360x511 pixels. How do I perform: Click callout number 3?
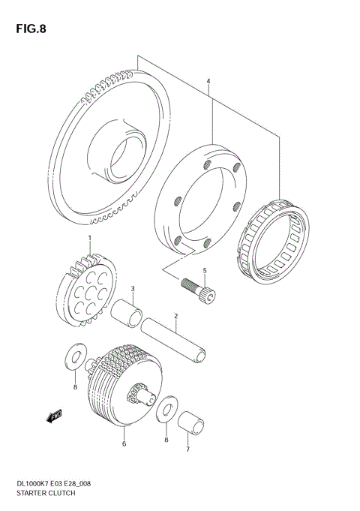[132, 288]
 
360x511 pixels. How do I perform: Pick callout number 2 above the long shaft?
[175, 316]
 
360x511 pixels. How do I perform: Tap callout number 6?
[124, 443]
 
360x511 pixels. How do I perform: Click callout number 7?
[187, 449]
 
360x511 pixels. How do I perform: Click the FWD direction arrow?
[55, 415]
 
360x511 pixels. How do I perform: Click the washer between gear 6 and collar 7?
[166, 410]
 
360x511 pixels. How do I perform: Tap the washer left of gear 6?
[76, 356]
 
